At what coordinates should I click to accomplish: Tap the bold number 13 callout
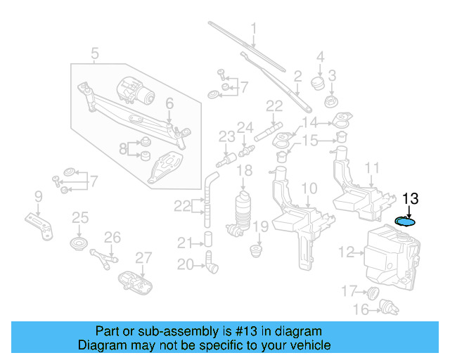410,199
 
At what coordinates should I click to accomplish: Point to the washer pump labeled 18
244,209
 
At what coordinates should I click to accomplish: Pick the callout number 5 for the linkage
95,52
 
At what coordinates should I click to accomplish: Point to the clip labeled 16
385,306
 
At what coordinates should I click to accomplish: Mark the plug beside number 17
373,291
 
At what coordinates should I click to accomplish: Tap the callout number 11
373,167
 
